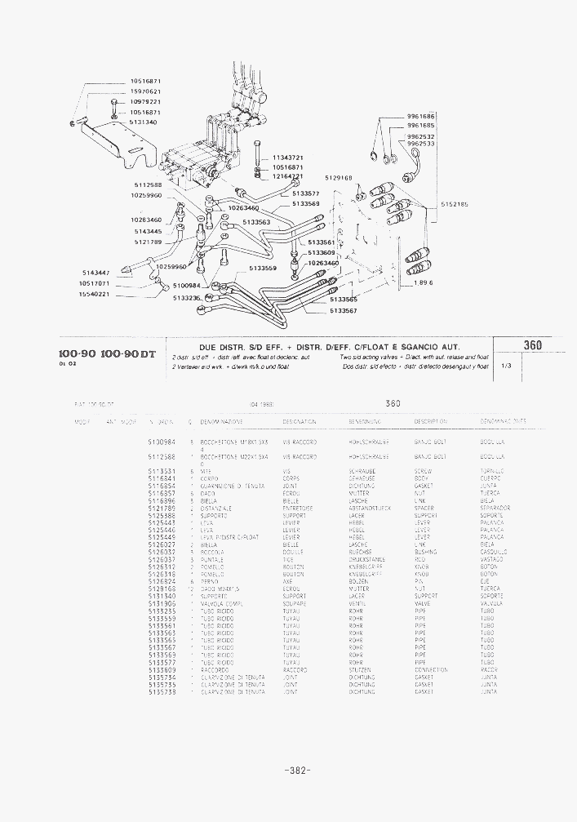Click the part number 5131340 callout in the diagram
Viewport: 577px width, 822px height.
pyautogui.click(x=144, y=122)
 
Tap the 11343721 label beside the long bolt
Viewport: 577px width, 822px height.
pyautogui.click(x=288, y=157)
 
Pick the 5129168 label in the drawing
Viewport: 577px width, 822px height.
pyautogui.click(x=338, y=177)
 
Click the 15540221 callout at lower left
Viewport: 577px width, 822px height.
pyautogui.click(x=94, y=294)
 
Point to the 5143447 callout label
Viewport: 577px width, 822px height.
pyautogui.click(x=97, y=273)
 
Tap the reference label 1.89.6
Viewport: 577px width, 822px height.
pyautogui.click(x=422, y=282)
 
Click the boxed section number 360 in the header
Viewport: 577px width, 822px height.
pyautogui.click(x=533, y=345)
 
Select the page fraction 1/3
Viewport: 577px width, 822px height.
pyautogui.click(x=506, y=365)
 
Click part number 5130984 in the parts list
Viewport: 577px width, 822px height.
pyautogui.click(x=162, y=441)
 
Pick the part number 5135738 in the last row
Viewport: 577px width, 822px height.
pyautogui.click(x=162, y=691)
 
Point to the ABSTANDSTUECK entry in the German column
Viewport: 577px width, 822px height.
pyautogui.click(x=370, y=508)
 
